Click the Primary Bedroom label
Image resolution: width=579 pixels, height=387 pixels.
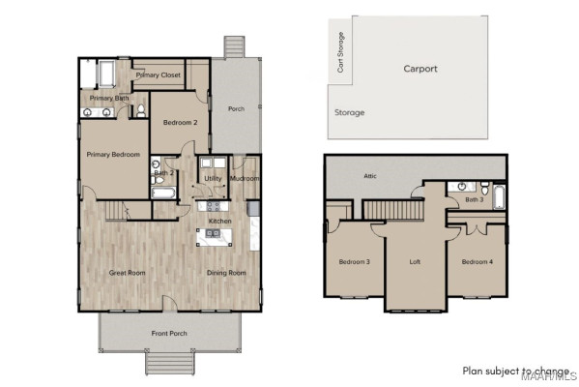(x=113, y=155)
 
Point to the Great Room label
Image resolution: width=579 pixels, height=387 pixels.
(x=126, y=273)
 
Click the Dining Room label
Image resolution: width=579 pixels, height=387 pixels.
(x=226, y=273)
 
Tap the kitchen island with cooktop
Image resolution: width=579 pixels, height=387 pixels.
(x=215, y=235)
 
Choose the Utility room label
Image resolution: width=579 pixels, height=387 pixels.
(x=212, y=179)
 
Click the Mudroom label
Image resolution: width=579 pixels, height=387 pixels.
(x=244, y=179)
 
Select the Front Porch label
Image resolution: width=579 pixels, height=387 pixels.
(x=170, y=334)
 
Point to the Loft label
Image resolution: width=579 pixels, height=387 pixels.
(x=415, y=262)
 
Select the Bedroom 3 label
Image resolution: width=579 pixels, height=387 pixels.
(x=354, y=262)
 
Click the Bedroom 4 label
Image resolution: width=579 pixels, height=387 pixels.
(x=476, y=262)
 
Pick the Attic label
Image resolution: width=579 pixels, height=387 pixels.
(x=369, y=176)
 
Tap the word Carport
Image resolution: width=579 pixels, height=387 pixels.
(x=420, y=69)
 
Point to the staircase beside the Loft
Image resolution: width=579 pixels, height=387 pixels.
(x=393, y=209)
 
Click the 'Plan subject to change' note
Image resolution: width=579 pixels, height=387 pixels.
(x=515, y=371)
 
